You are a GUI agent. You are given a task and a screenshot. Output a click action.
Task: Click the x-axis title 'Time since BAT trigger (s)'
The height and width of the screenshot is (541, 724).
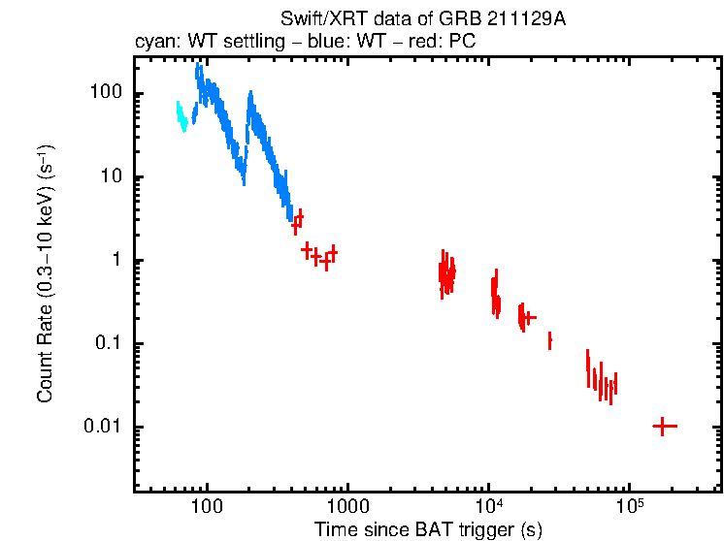tap(428, 529)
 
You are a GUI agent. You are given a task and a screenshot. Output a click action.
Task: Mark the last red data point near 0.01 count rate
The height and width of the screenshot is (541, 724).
tap(664, 426)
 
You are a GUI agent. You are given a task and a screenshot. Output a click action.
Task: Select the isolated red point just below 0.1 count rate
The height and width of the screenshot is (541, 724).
tap(549, 340)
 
